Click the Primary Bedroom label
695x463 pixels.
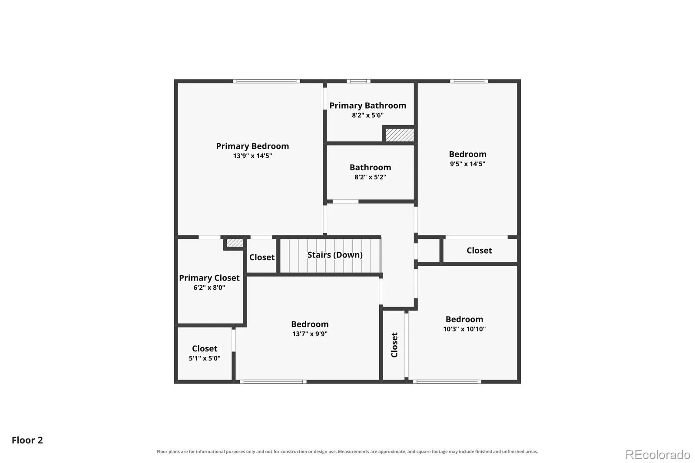pos(252,146)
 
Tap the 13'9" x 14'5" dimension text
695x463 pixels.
pos(252,156)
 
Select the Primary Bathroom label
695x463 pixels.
pos(367,106)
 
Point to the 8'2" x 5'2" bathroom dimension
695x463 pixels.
pos(370,177)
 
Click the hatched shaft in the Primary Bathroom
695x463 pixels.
pos(400,135)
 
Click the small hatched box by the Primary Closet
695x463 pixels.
pos(235,243)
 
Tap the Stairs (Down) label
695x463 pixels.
pos(335,255)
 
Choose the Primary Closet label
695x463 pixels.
pos(209,278)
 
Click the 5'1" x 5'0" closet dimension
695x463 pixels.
pos(205,358)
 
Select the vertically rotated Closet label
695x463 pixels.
pos(394,345)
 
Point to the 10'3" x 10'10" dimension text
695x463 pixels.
pos(464,329)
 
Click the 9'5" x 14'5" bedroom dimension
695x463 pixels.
pos(467,164)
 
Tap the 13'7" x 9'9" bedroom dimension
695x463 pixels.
pos(310,334)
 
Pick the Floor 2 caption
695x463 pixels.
pos(27,440)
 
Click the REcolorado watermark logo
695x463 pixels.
pos(658,455)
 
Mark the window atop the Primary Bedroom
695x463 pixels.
pos(267,81)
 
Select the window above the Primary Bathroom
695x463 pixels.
pos(358,81)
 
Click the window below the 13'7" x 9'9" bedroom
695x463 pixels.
pos(273,382)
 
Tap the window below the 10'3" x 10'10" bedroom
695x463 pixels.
pos(447,382)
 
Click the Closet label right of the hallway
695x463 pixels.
pos(479,251)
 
